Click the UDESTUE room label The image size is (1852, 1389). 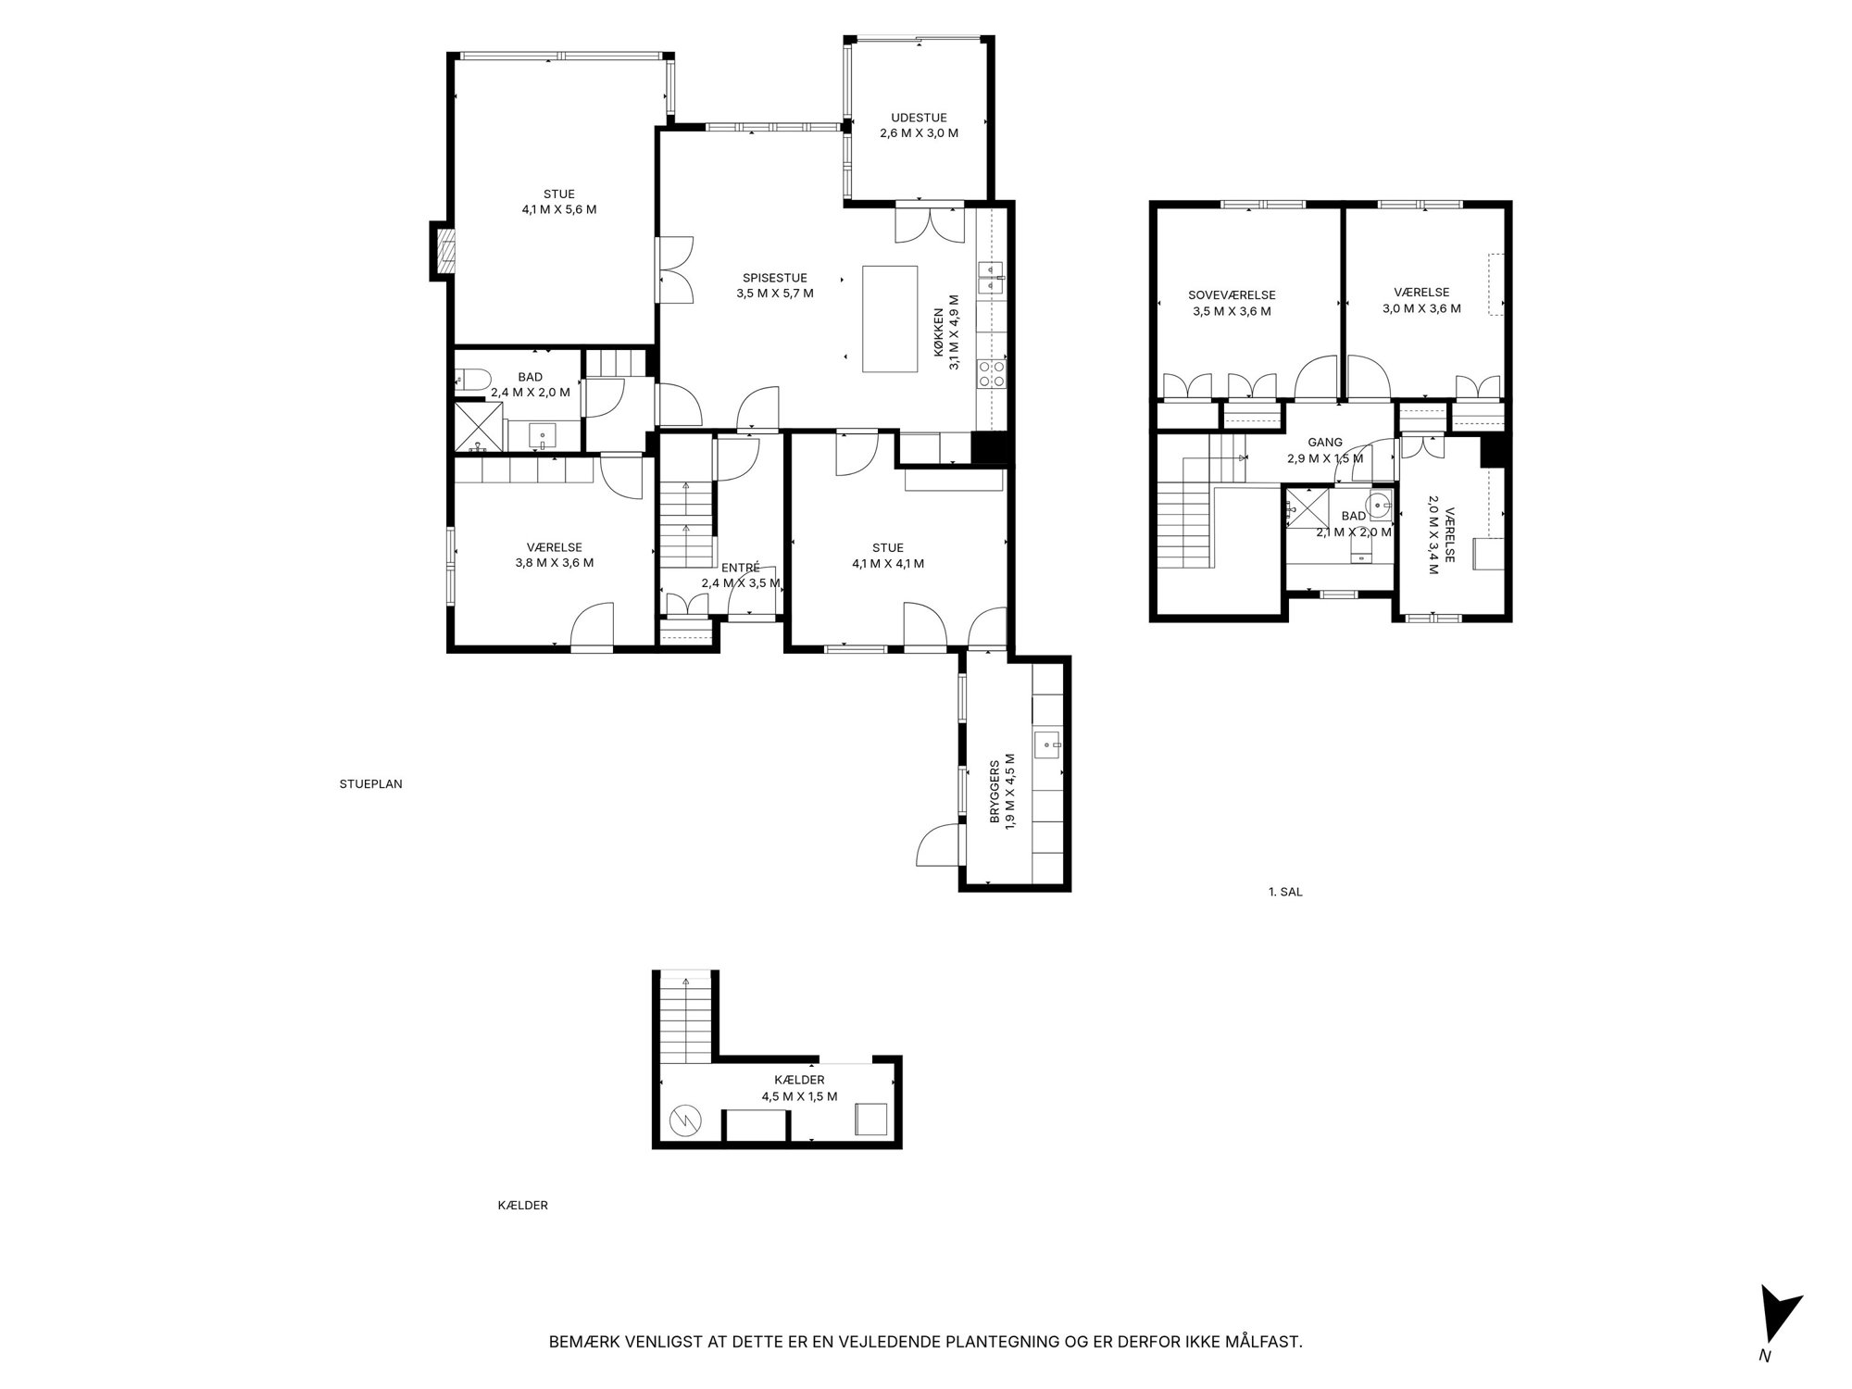(919, 118)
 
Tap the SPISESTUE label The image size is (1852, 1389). (775, 278)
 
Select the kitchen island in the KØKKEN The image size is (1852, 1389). (890, 319)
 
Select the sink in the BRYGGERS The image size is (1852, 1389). (1048, 745)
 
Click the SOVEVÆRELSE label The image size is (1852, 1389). (1232, 295)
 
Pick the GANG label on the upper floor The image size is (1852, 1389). (1325, 443)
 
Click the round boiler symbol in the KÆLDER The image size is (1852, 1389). (685, 1121)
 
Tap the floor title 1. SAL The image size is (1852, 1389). (1285, 893)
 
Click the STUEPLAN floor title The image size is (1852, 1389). (370, 783)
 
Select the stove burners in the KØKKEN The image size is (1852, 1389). (993, 371)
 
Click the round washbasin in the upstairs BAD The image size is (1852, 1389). (1380, 506)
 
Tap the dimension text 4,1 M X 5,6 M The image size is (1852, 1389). (559, 209)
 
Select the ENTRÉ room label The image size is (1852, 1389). (741, 568)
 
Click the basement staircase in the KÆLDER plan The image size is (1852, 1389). (686, 1019)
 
